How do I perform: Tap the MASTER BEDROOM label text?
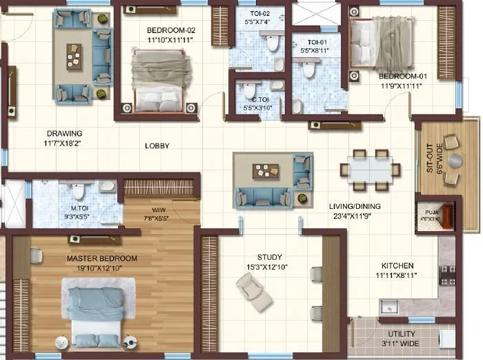coord(102,259)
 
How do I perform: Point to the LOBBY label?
coord(157,146)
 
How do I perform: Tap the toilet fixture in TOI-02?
coord(273,43)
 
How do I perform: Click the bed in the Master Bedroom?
coord(95,310)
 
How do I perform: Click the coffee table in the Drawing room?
coord(74,54)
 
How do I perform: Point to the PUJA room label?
coord(430,213)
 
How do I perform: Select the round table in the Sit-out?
coord(455,160)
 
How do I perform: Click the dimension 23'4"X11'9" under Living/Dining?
coord(355,215)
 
